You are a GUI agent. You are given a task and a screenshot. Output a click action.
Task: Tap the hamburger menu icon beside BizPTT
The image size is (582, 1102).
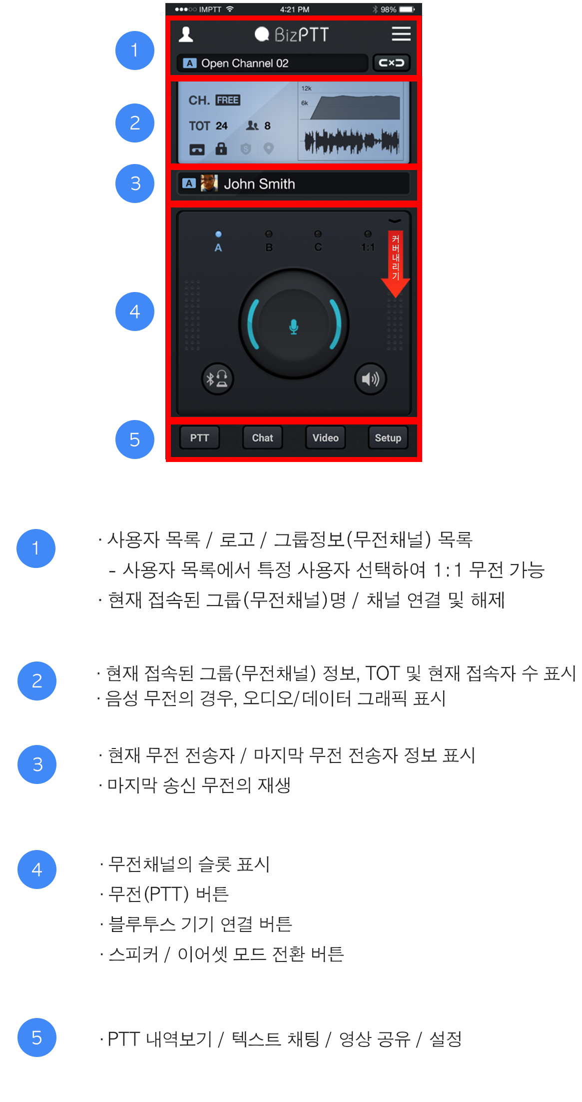[401, 33]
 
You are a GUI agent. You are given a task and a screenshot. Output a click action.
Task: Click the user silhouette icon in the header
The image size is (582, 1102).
[186, 34]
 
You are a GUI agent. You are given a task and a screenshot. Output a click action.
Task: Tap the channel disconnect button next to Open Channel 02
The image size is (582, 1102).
[392, 63]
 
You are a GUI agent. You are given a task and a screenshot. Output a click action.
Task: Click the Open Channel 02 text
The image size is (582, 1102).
[245, 63]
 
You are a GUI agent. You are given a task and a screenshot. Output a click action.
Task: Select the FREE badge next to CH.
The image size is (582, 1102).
[228, 100]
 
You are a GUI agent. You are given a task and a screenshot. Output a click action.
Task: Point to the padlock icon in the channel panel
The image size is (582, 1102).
[221, 148]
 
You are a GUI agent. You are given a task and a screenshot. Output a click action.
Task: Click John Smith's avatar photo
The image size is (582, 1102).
[209, 183]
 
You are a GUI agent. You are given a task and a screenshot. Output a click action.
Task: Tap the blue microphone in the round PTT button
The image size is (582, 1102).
[294, 326]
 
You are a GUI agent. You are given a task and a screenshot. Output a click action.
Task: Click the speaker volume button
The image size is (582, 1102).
[370, 379]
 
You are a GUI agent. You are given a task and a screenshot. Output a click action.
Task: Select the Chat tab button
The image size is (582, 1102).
[262, 438]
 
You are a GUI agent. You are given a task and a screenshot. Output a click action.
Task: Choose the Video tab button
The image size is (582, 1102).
[325, 438]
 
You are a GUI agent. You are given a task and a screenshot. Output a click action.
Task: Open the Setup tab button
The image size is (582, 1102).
[388, 438]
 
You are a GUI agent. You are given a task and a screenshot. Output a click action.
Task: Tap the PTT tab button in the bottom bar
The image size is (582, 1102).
[199, 438]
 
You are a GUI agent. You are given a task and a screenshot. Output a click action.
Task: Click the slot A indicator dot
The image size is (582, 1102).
[218, 234]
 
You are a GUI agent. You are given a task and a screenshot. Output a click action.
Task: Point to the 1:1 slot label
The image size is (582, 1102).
[368, 247]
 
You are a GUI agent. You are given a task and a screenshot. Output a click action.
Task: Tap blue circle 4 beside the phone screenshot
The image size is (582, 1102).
[135, 311]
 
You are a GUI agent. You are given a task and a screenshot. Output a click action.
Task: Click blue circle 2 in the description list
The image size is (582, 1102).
[37, 681]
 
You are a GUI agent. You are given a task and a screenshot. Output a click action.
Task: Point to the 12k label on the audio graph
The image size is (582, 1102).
[306, 88]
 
